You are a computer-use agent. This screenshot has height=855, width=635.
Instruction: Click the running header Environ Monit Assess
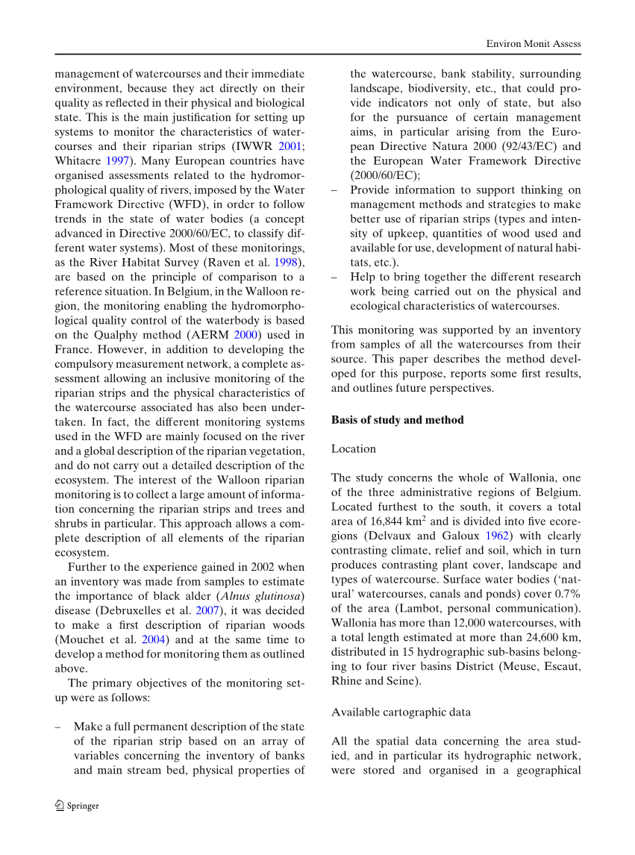533,44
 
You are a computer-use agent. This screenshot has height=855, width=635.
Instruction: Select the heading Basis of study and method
397,420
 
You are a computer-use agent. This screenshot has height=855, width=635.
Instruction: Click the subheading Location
354,449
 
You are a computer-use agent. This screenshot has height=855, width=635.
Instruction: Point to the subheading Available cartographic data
401,712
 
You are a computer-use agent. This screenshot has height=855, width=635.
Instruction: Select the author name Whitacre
78,162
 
